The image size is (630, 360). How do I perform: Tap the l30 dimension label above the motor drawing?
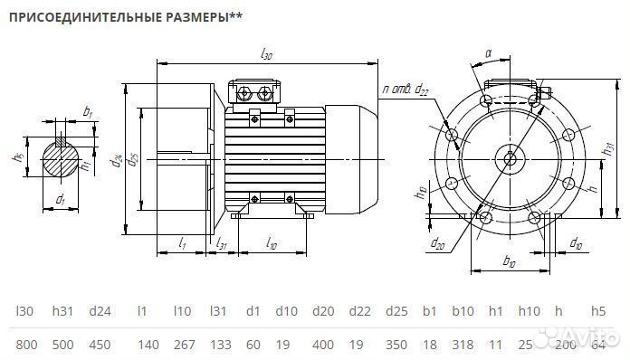pos(266,55)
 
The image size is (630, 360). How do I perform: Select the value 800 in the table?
pos(26,345)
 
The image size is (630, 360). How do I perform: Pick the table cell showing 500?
pos(62,345)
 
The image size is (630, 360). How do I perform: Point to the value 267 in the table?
pos(184,345)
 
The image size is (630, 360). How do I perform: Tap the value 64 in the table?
pos(597,345)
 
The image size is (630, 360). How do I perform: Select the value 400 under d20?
pos(322,345)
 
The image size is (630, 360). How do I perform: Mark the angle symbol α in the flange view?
pos(488,54)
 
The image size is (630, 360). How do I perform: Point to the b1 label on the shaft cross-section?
pos(87,111)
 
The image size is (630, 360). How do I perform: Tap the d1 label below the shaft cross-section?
pos(60,198)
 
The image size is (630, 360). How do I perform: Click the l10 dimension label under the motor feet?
pos(271,243)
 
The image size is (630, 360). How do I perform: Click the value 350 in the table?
pos(396,345)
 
